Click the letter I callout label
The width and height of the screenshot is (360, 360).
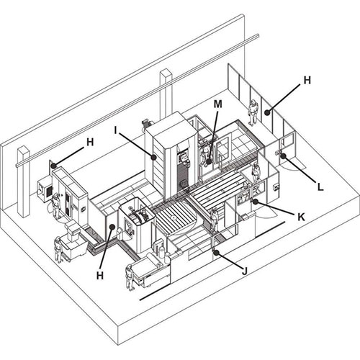point(116,130)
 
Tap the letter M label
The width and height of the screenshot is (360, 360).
point(218,104)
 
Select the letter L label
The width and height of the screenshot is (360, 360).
point(320,187)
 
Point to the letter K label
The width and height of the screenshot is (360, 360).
point(301,217)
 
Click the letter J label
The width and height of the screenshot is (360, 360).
point(245,271)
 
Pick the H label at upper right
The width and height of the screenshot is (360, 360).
point(307,80)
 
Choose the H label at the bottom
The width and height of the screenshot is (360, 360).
point(100,276)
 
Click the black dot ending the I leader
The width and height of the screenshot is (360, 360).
point(153,158)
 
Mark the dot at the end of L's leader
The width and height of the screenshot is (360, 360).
point(283,156)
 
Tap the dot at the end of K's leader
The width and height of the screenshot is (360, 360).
point(255,202)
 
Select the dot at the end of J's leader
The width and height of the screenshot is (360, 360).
point(217,253)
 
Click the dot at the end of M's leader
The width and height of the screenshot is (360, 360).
point(209,161)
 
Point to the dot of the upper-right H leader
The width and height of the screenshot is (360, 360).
point(267,112)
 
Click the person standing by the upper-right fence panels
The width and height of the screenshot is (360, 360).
point(253,112)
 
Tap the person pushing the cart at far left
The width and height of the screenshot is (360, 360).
point(58,250)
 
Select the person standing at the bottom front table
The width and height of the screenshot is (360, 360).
point(130,277)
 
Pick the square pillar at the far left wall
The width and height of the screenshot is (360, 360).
point(24,182)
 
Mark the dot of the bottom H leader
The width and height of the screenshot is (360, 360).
point(112,226)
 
